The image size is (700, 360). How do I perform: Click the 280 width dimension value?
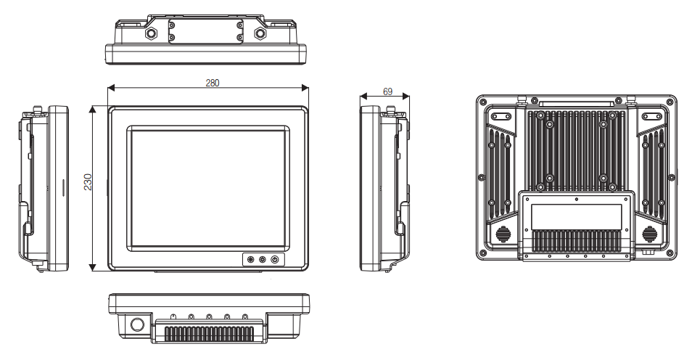pyautogui.click(x=212, y=83)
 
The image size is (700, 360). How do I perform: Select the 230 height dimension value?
pyautogui.click(x=88, y=181)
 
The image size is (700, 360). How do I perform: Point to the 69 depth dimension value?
pyautogui.click(x=387, y=92)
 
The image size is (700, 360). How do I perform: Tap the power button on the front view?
pyautogui.click(x=275, y=260)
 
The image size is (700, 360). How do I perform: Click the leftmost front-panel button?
pyautogui.click(x=250, y=260)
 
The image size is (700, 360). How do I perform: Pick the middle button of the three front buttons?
pyautogui.click(x=263, y=260)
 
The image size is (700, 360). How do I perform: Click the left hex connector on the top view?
pyautogui.click(x=152, y=33)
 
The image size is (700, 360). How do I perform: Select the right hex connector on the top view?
pyautogui.click(x=260, y=33)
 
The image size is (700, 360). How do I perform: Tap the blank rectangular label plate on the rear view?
pyautogui.click(x=576, y=214)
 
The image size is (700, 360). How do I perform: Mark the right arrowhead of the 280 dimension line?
pyautogui.click(x=307, y=88)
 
